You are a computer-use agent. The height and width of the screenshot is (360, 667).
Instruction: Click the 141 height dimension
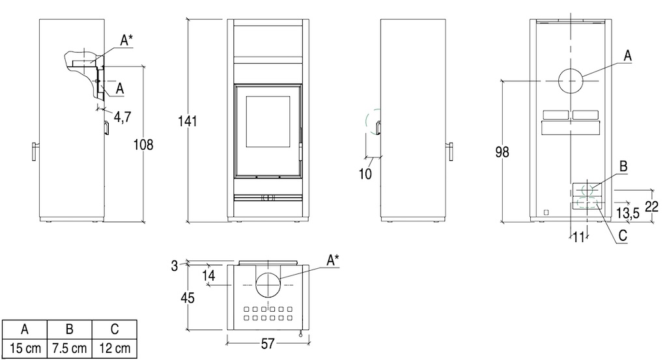(x=187, y=121)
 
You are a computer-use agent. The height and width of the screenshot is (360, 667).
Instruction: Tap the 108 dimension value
(x=143, y=145)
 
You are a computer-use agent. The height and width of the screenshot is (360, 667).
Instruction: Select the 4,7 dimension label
(x=122, y=117)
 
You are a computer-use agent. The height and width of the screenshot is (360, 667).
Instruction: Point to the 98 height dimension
(x=502, y=152)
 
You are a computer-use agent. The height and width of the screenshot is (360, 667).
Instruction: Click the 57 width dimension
(x=267, y=344)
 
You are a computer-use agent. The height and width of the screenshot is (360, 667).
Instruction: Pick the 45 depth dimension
(x=187, y=298)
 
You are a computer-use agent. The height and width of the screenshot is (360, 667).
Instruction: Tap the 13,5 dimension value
(x=628, y=212)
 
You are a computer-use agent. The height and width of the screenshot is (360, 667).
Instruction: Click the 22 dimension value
(x=651, y=206)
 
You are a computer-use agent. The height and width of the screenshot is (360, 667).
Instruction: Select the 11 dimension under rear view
(x=578, y=237)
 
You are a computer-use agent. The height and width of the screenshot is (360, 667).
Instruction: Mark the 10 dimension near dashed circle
(x=365, y=173)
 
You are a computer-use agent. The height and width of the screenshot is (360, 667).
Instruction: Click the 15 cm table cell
(x=25, y=348)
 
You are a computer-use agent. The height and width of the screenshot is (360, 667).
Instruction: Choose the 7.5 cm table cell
(x=69, y=348)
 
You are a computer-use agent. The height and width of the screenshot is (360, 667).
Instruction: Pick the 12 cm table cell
(x=115, y=348)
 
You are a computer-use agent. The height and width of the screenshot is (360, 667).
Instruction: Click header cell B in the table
(x=69, y=329)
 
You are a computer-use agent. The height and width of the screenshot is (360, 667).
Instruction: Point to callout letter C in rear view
(x=623, y=235)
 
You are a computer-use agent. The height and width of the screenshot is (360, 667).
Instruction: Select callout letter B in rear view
(x=623, y=166)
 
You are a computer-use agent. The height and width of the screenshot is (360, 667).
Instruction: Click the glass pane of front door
(x=268, y=122)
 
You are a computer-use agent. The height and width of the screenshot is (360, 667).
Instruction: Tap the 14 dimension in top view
(x=208, y=275)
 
